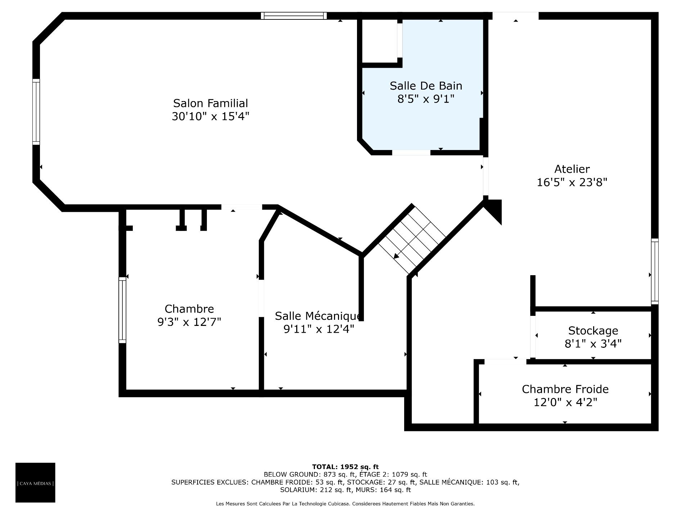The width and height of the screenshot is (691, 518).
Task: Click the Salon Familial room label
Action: pos(211,103)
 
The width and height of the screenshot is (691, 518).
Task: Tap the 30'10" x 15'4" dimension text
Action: pos(211,117)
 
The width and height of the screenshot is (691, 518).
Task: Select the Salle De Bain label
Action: pos(426,86)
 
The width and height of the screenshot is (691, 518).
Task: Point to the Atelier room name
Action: pos(572,169)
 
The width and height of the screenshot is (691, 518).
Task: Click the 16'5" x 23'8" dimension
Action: pos(572,182)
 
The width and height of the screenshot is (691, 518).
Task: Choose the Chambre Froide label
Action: pos(565,389)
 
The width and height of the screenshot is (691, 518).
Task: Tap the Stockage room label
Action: pos(593,331)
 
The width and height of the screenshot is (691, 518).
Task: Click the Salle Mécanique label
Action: pos(319,316)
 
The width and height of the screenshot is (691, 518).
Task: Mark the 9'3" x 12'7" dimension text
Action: pos(189,322)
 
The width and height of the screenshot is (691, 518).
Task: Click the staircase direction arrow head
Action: pos(396,256)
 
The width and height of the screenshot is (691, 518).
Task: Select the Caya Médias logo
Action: pos(35,482)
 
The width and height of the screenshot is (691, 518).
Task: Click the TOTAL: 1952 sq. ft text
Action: pos(345,467)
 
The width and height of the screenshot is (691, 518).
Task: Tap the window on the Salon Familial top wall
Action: pos(294,16)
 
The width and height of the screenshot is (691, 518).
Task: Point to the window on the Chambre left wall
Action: pos(123,310)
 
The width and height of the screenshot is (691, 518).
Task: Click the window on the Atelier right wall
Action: pos(655,271)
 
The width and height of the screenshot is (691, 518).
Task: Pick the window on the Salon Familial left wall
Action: pos(36,112)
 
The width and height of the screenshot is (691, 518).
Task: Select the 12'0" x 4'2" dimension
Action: pos(565,402)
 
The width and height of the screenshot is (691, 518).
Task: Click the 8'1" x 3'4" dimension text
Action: pos(593,344)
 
